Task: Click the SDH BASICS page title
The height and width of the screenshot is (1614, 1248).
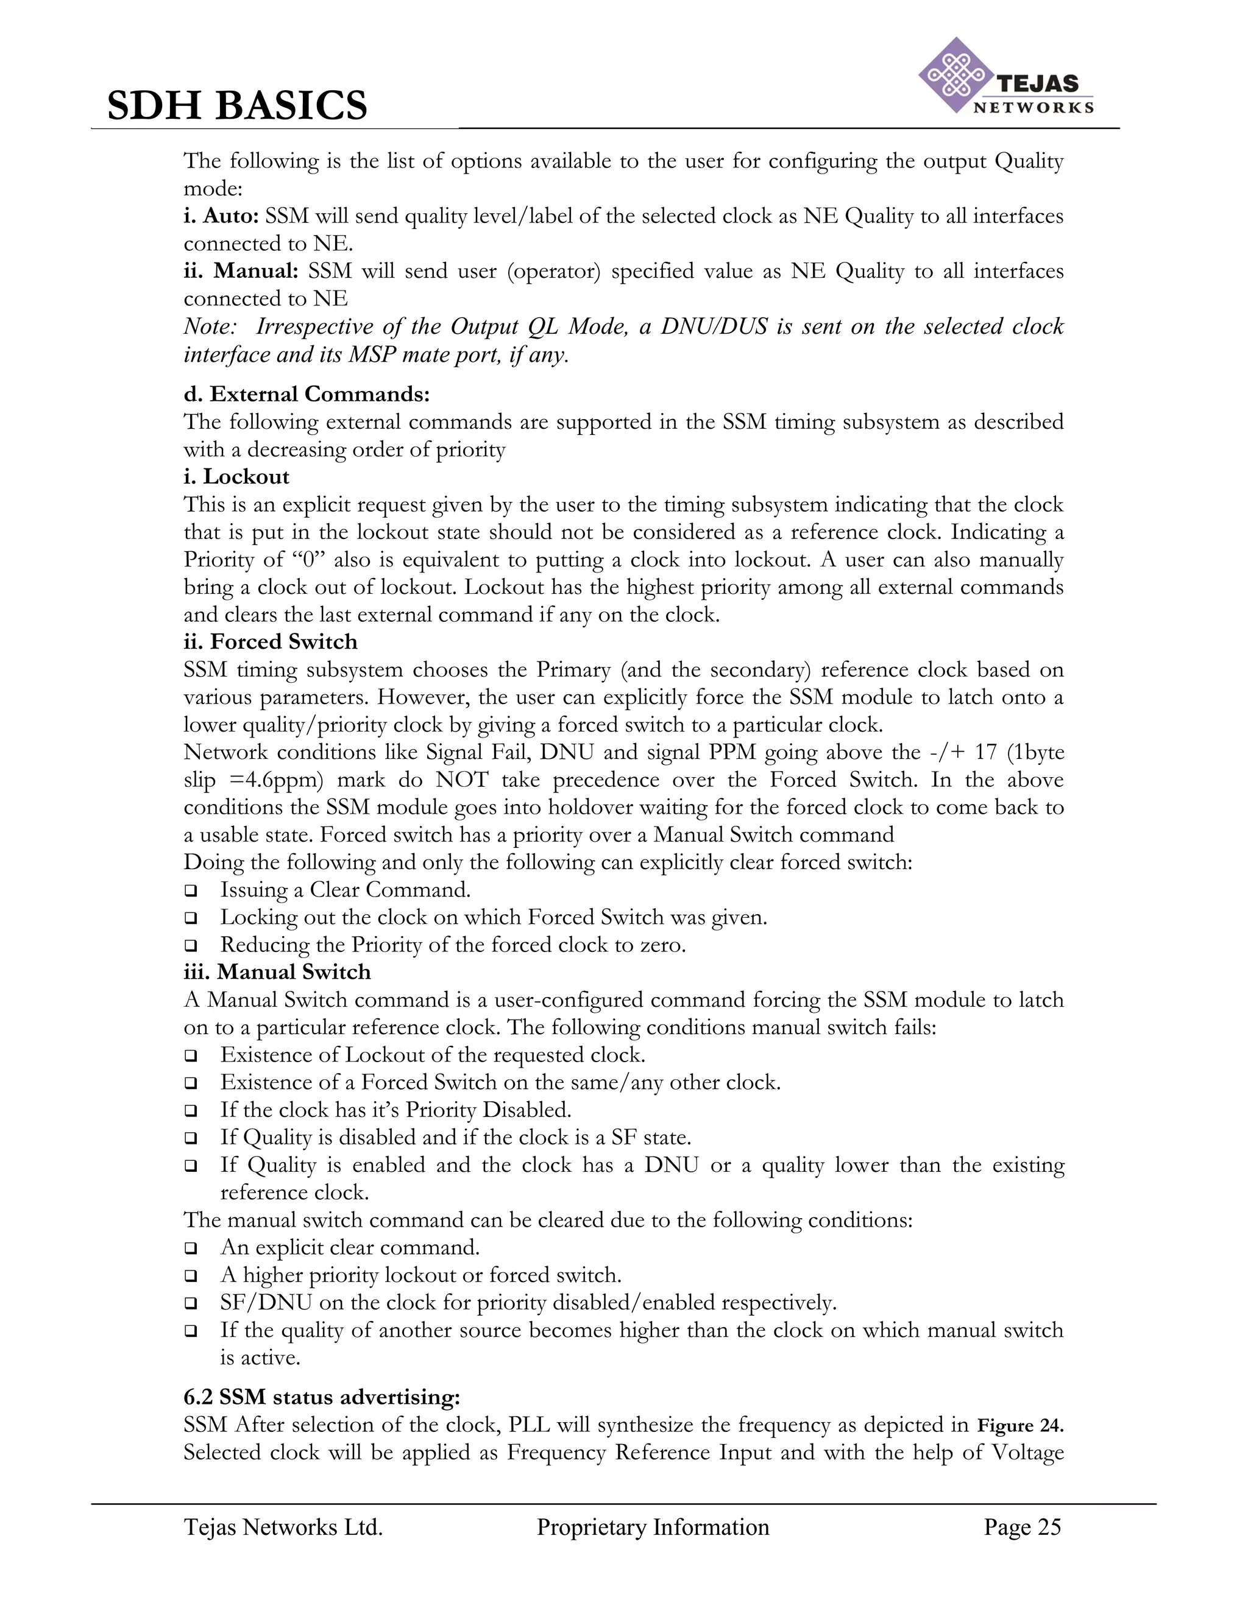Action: pyautogui.click(x=236, y=105)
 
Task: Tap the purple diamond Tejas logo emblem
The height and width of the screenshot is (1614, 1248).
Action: pyautogui.click(x=955, y=76)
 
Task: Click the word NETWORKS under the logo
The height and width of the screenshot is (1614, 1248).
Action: pyautogui.click(x=1033, y=108)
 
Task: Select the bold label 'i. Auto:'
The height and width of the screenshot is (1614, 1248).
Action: pyautogui.click(x=221, y=216)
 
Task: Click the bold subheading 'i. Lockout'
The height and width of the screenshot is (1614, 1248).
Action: pyautogui.click(x=236, y=477)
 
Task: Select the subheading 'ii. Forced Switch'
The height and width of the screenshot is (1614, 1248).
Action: pyautogui.click(x=271, y=641)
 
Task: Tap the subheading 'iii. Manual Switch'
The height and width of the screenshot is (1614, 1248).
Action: pyautogui.click(x=277, y=972)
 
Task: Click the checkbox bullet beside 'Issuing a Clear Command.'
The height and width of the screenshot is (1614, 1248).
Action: pyautogui.click(x=191, y=891)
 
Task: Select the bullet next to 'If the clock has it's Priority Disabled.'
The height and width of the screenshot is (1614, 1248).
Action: pyautogui.click(x=191, y=1111)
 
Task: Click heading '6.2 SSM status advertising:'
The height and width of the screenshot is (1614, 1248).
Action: pyautogui.click(x=322, y=1397)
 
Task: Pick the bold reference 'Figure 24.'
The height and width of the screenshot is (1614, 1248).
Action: pyautogui.click(x=1020, y=1426)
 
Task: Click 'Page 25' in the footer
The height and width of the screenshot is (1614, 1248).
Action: pyautogui.click(x=1022, y=1528)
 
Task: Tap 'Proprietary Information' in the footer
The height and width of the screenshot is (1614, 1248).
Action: pyautogui.click(x=653, y=1528)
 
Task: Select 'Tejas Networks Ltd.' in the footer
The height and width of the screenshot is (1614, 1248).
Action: pyautogui.click(x=283, y=1528)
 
